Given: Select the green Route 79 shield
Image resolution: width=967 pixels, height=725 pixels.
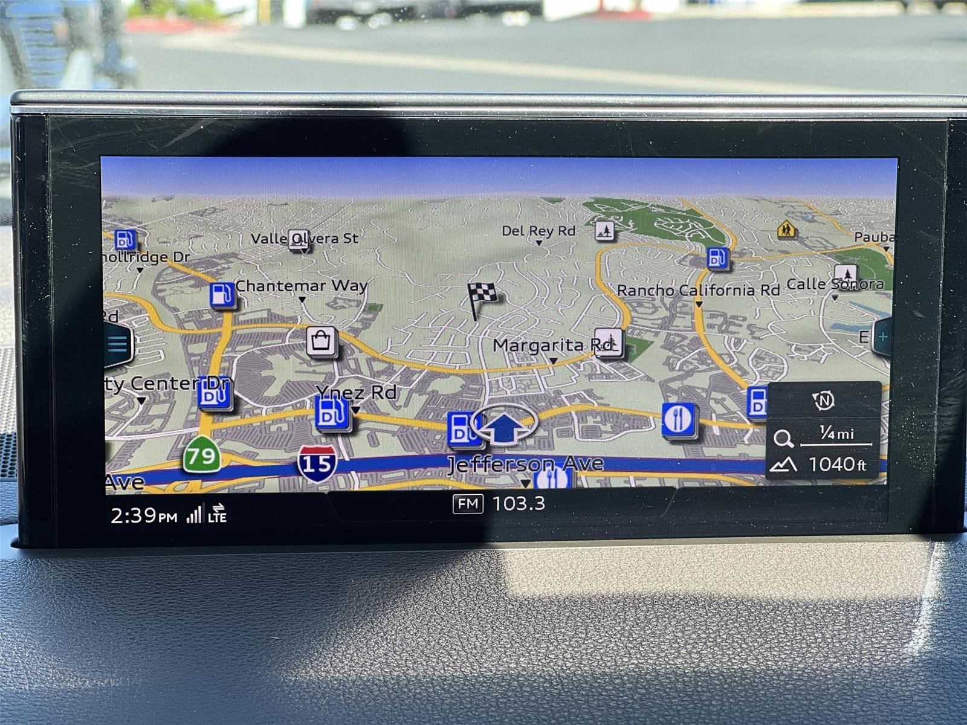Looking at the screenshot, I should [x=201, y=455].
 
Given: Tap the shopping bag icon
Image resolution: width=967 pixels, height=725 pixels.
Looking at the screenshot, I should [x=321, y=341].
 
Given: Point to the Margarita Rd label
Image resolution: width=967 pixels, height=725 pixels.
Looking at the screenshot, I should [x=552, y=346].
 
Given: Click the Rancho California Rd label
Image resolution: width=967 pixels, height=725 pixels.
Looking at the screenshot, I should [x=697, y=291].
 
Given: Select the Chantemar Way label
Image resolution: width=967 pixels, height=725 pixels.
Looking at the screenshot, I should [x=301, y=285].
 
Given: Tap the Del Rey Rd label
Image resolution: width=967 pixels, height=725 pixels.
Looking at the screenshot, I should [x=538, y=231].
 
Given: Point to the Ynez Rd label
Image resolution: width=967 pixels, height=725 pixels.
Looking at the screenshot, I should [x=356, y=393].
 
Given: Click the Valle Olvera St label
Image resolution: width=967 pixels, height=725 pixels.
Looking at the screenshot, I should [x=304, y=238].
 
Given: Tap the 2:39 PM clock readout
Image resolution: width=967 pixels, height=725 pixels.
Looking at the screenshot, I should [x=143, y=515].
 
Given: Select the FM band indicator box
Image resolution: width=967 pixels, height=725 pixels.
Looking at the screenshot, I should [x=468, y=503].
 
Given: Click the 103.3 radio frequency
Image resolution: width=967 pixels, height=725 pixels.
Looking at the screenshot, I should [x=519, y=503].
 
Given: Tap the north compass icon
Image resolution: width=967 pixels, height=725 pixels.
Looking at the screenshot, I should [x=823, y=400].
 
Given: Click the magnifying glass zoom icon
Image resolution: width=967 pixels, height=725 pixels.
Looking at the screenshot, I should [x=783, y=438].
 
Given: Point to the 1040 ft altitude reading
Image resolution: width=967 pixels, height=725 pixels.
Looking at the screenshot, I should [x=836, y=464].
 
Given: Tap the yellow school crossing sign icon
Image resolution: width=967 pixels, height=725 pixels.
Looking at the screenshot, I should [x=786, y=229].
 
